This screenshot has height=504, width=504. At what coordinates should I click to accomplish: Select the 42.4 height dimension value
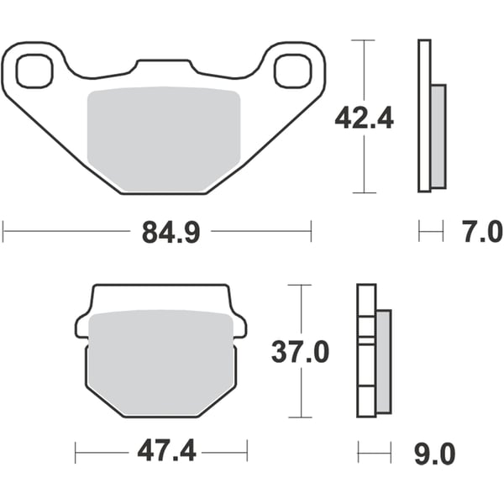tap(364, 118)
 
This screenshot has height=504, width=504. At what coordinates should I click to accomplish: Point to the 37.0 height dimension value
tap(300, 352)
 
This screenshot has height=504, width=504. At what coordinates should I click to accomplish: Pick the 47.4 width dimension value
tap(166, 453)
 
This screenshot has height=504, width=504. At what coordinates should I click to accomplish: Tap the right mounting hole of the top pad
tap(291, 70)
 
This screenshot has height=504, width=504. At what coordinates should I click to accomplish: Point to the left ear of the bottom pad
tap(82, 326)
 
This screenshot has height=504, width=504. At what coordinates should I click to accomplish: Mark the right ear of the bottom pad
tap(239, 326)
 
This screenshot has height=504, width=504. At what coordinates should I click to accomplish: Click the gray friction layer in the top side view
tap(438, 136)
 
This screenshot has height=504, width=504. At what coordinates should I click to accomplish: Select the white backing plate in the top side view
tap(423, 118)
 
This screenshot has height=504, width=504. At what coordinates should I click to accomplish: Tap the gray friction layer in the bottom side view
tap(383, 361)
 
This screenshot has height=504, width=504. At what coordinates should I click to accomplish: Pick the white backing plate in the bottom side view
tap(365, 353)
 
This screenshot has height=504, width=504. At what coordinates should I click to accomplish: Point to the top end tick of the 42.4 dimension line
tap(363, 39)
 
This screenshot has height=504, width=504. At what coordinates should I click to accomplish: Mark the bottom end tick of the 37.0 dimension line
tap(299, 417)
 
